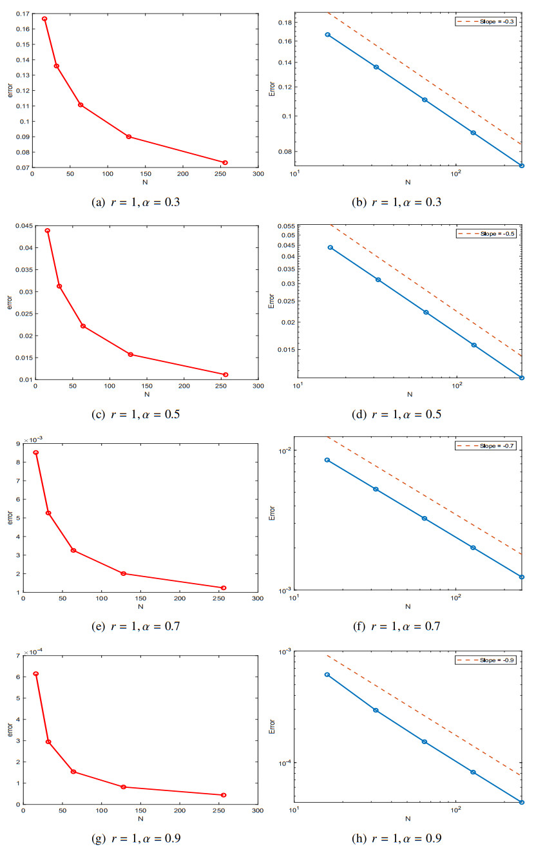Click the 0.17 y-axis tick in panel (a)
[21, 14]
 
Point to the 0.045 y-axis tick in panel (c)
[20, 225]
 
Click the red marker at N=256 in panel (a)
[225, 162]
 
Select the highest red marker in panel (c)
[48, 231]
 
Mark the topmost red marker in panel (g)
[36, 674]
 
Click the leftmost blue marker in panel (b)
[327, 35]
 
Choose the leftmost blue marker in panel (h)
[327, 674]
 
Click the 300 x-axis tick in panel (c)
[258, 387]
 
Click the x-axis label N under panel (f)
[408, 606]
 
